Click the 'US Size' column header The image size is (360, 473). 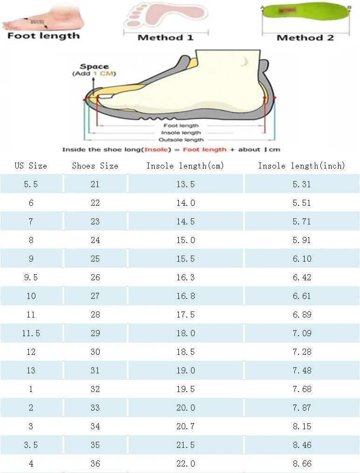pos(31,166)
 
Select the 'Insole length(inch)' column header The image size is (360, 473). pos(302,166)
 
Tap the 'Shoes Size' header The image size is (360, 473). pos(95,166)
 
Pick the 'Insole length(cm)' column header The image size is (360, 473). pos(185,166)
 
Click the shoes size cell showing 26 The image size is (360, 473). pos(95,277)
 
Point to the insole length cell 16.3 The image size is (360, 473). pos(185,277)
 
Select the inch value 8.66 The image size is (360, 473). pos(302,464)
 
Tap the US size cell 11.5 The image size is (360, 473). pos(31,333)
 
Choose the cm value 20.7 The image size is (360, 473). pos(185,426)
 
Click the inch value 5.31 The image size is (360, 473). pos(302,184)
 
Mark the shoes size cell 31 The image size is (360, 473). pos(95,371)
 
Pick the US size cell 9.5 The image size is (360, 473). pos(31,277)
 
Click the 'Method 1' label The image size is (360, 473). pos(165,38)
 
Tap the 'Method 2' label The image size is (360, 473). pos(305,38)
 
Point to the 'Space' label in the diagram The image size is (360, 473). pos(94,67)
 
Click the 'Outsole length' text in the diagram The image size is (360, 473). pos(181,140)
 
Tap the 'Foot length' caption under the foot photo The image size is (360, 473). pos(43,36)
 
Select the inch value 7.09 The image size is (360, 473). pos(302,333)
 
